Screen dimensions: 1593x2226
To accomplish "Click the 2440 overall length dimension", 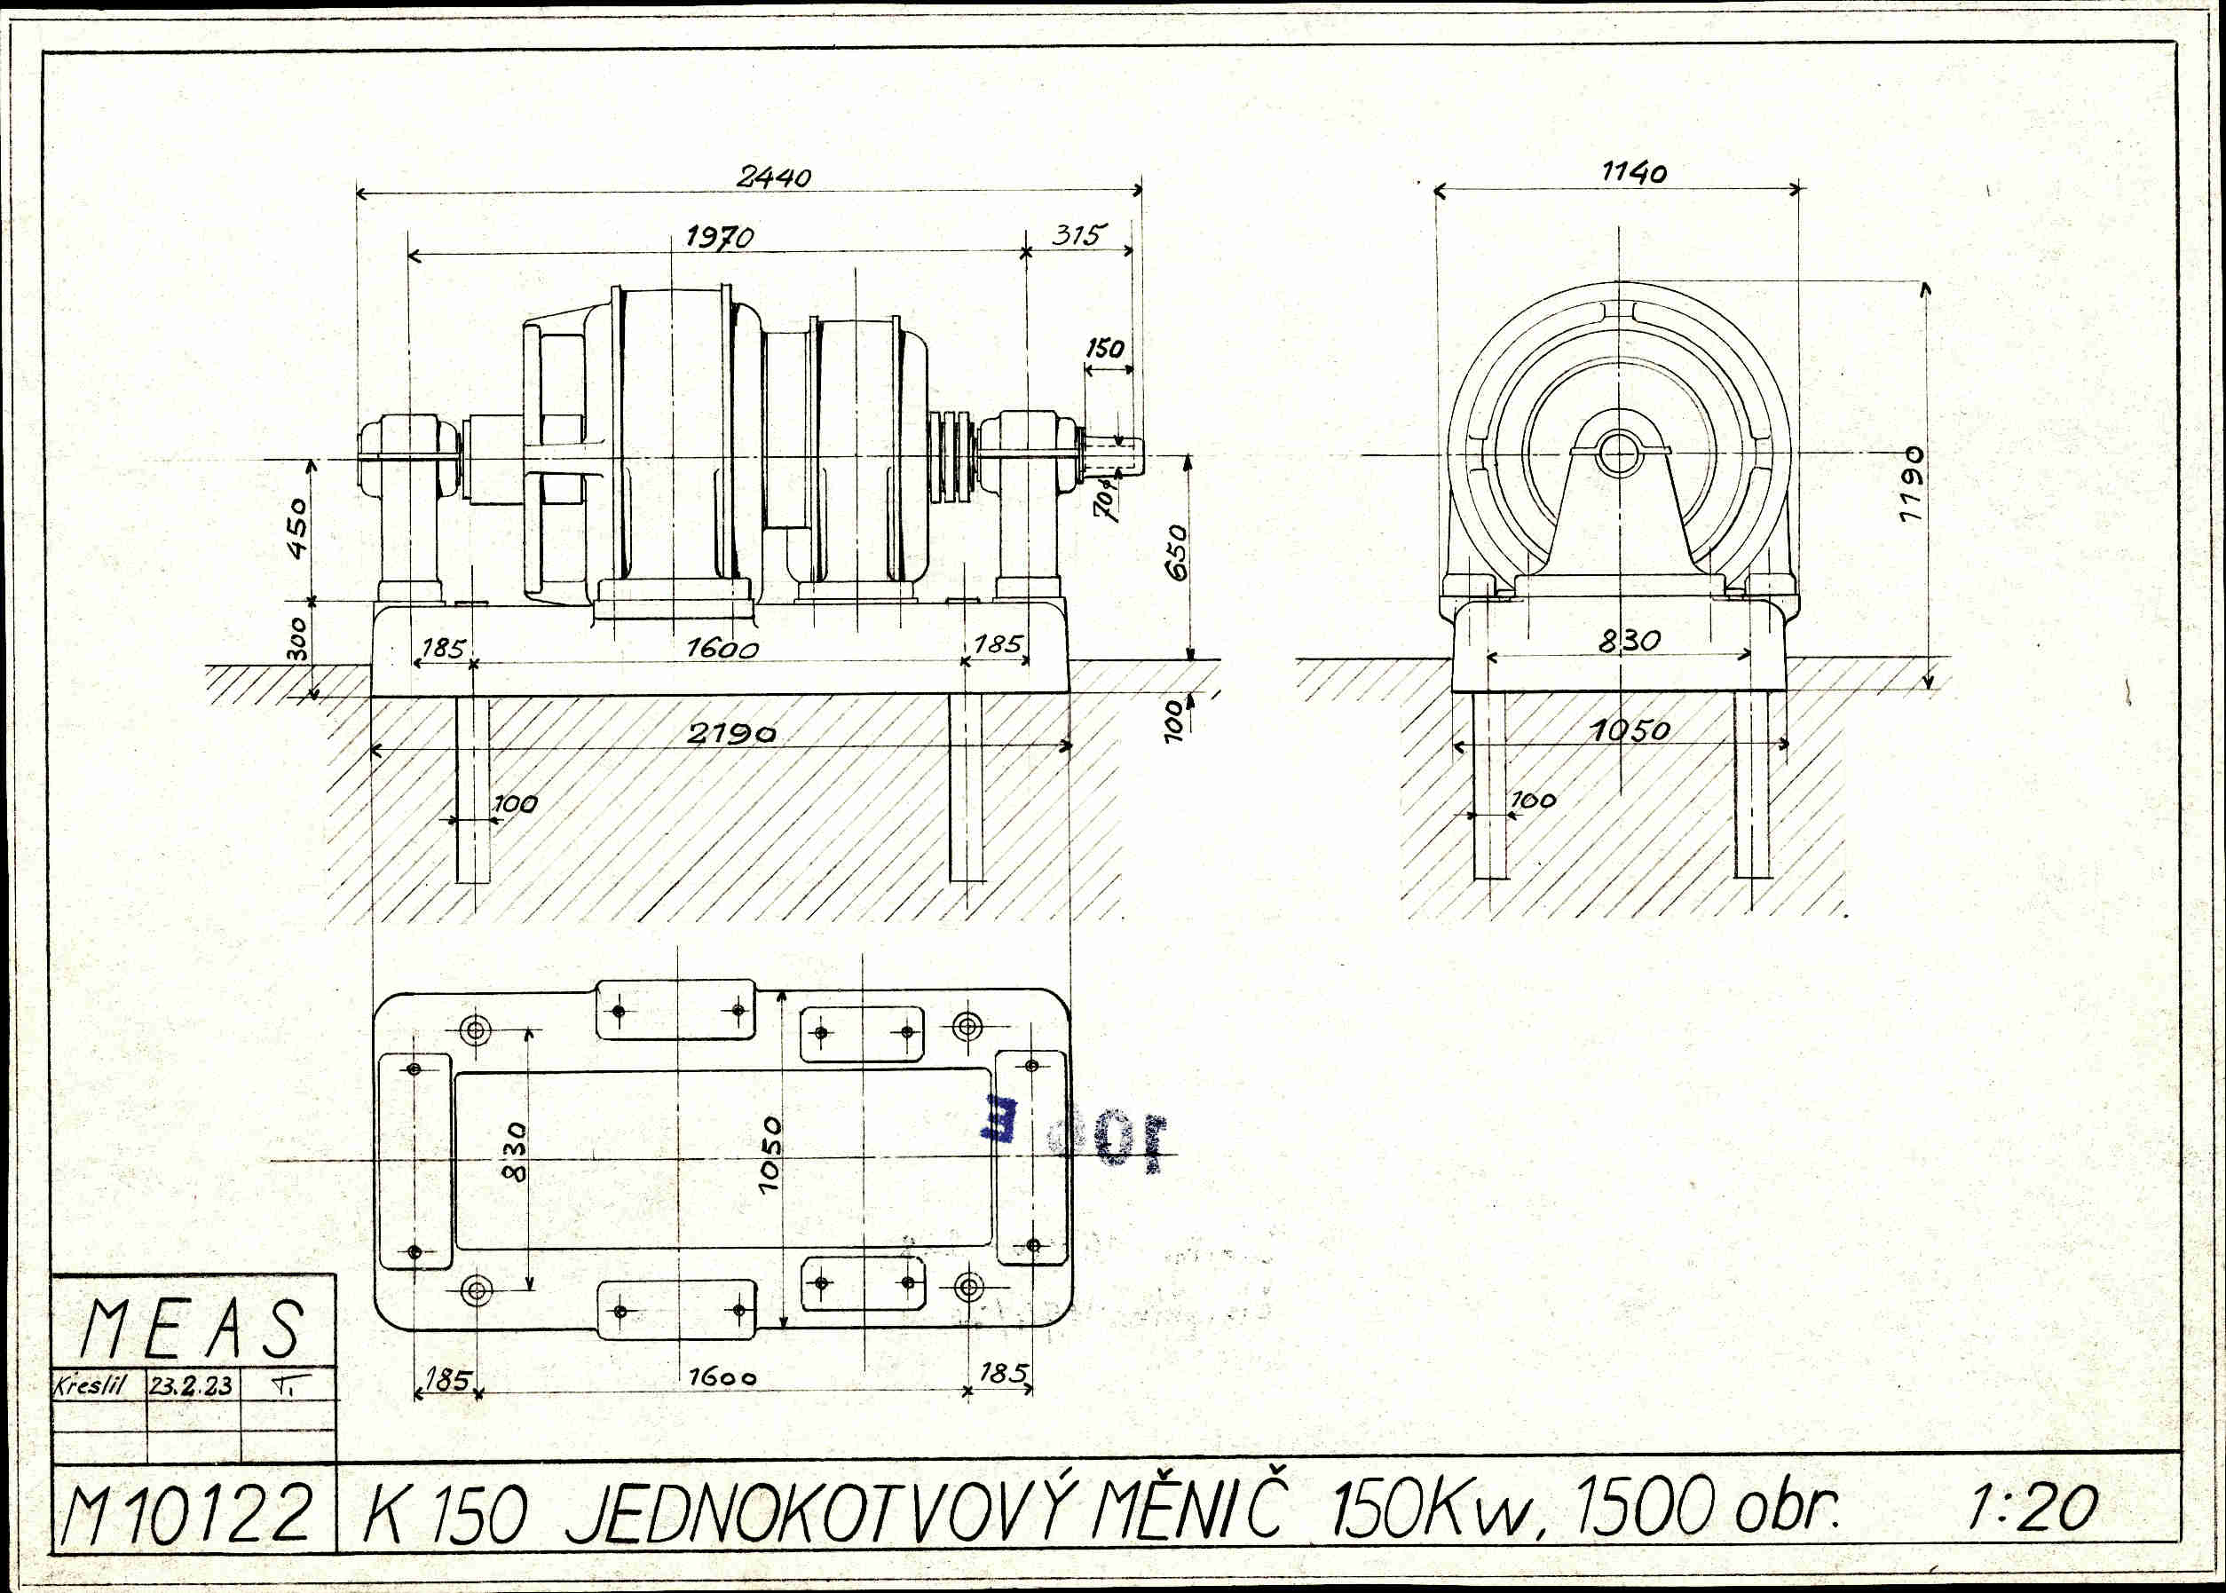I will point(774,177).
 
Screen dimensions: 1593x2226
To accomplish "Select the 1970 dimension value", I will point(719,236).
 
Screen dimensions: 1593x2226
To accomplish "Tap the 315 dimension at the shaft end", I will point(1078,234).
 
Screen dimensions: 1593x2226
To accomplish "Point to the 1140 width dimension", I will point(1633,173).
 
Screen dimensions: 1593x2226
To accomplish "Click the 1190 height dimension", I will point(1912,485).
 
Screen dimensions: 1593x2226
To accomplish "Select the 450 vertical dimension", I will point(297,528).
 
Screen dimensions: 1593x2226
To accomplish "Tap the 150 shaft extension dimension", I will point(1105,348).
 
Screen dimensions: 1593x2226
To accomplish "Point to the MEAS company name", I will point(193,1329).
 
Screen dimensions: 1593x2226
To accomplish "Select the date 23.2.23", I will point(192,1385).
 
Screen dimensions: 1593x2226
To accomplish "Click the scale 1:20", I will point(2033,1508).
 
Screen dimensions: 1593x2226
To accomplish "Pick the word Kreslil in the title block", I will point(90,1385).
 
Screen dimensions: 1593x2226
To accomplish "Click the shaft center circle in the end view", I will point(1618,453).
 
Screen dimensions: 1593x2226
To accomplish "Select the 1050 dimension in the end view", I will point(1630,729).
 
